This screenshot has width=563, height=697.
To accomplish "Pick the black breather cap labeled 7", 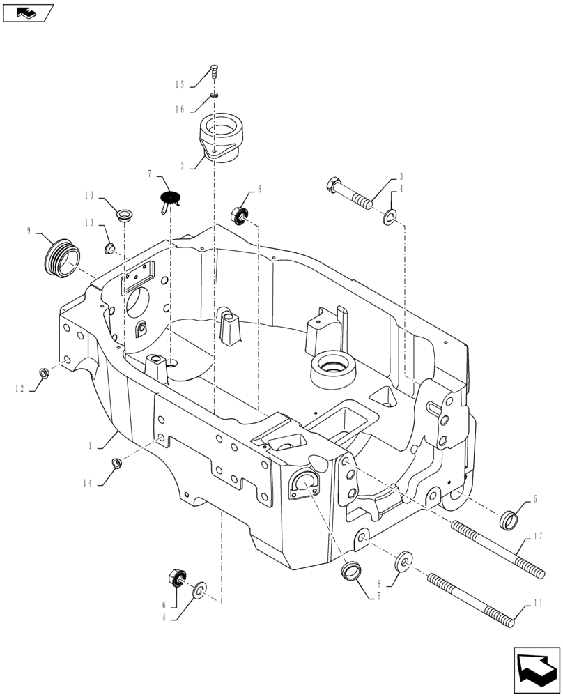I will click(x=169, y=197).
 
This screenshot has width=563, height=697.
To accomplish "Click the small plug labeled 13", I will click(x=109, y=249).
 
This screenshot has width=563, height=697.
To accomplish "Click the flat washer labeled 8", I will click(x=403, y=561).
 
